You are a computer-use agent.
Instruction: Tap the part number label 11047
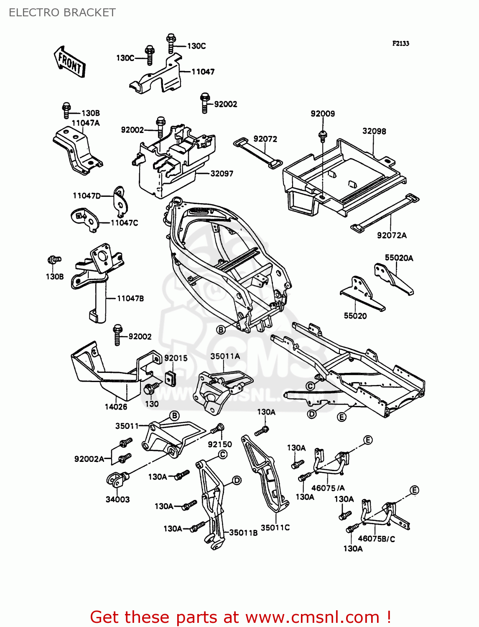click(x=203, y=72)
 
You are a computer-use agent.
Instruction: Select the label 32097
click(x=222, y=173)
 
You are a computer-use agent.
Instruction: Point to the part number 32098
click(x=374, y=131)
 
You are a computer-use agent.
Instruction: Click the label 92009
click(x=323, y=114)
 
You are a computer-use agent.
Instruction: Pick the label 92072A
click(x=392, y=235)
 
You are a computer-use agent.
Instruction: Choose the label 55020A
click(x=399, y=258)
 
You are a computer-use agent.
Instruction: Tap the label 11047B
click(x=130, y=298)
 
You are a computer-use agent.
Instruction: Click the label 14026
click(x=116, y=407)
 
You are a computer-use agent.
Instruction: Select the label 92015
click(x=176, y=358)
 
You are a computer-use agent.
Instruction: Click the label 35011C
click(x=275, y=528)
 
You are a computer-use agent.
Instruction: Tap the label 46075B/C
click(x=377, y=539)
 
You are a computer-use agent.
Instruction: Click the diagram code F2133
click(x=400, y=43)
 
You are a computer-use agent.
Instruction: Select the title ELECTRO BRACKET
click(x=62, y=13)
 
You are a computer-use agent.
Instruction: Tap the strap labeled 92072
click(x=258, y=153)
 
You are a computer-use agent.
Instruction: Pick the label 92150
click(x=220, y=444)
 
